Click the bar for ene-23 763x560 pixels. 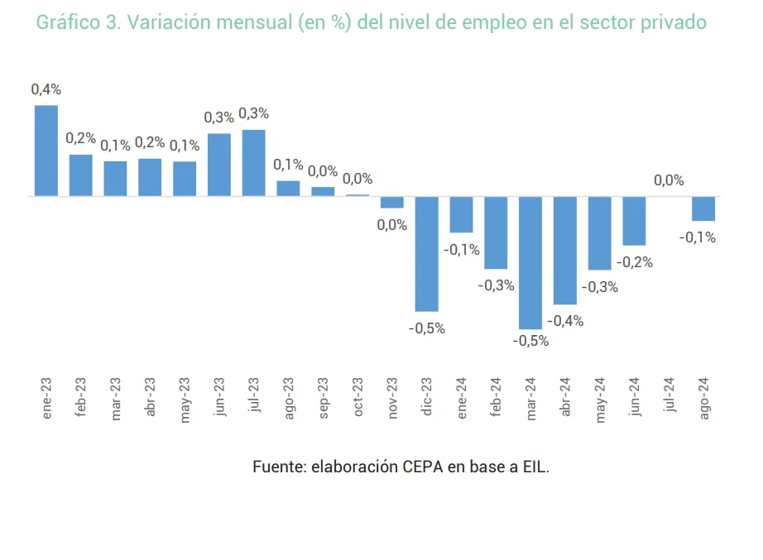pos(46,151)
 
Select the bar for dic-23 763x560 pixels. pos(427,253)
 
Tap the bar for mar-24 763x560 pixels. pos(530,262)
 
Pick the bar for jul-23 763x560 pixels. pos(254,163)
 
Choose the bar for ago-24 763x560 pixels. pos(703,208)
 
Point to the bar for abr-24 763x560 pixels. pos(565,250)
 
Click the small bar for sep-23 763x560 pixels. pos(323,191)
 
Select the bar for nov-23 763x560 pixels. pos(392,202)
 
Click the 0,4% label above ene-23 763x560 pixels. pos(46,89)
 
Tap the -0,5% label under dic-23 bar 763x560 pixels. pos(427,328)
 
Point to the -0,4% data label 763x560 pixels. pos(565,321)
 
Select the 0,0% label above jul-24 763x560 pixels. pos(669,180)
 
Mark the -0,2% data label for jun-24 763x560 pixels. pos(635,262)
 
